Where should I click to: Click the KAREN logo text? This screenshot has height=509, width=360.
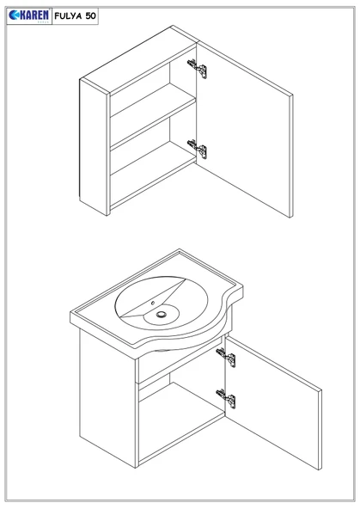[x=34, y=15]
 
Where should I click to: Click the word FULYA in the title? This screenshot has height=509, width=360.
[x=69, y=15]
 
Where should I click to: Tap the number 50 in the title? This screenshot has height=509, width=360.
[x=91, y=15]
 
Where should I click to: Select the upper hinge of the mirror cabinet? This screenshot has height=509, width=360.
[x=198, y=69]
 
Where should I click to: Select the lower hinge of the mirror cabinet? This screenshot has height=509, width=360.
[x=198, y=149]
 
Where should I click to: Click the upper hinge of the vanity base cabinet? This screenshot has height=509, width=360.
[x=226, y=358]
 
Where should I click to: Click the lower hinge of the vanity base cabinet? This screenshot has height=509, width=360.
[x=226, y=399]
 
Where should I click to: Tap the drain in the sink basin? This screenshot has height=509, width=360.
[x=162, y=314]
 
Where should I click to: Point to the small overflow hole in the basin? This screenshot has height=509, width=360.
[x=153, y=304]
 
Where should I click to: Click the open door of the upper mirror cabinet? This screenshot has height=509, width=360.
[x=245, y=130]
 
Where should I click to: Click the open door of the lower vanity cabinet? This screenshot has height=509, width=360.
[x=273, y=402]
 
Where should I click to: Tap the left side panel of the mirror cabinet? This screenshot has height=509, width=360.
[x=94, y=147]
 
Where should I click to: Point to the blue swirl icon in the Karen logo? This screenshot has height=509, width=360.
[x=14, y=15]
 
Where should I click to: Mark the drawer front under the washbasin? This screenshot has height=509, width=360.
[x=180, y=360]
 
